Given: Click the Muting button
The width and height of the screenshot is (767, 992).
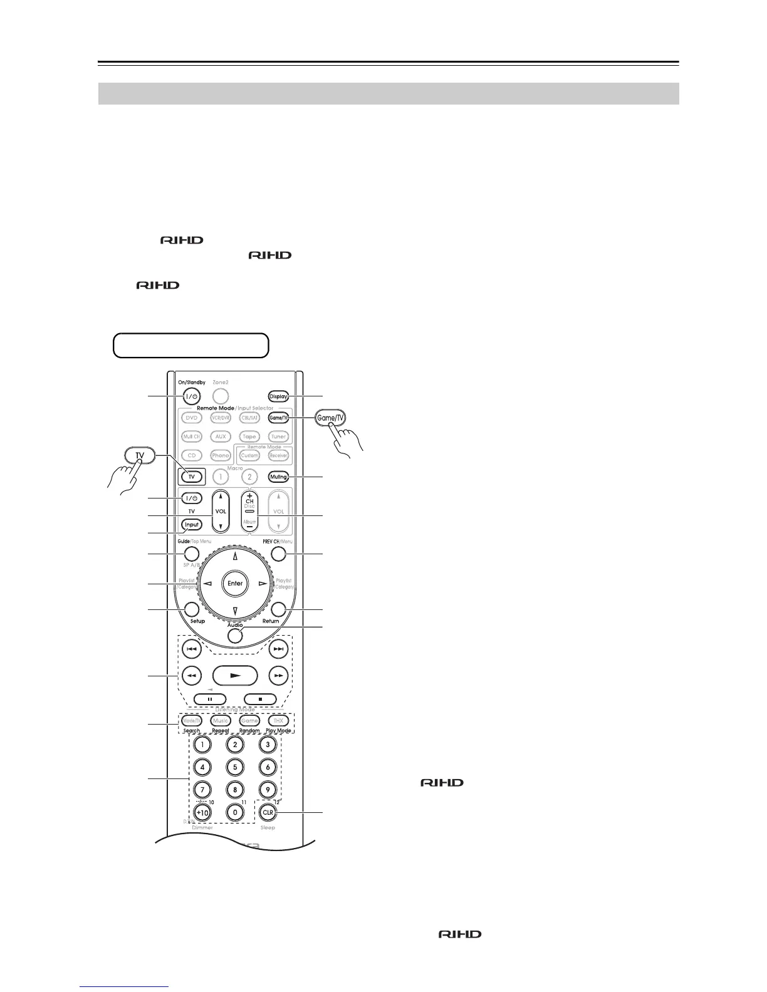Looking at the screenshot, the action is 278,477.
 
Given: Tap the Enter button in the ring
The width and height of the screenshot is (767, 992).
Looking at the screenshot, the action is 235,583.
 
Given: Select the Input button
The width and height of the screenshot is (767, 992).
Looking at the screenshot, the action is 192,525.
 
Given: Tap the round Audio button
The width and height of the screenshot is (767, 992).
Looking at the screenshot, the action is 235,635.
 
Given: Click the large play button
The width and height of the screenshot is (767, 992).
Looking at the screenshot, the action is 235,676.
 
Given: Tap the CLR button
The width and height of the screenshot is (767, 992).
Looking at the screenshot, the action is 268,812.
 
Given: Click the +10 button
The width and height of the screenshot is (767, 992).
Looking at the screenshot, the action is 202,812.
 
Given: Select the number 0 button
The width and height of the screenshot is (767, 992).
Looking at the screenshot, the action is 235,812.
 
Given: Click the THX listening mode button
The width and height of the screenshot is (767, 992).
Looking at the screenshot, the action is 278,721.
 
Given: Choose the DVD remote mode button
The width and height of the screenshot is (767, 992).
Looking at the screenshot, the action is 192,418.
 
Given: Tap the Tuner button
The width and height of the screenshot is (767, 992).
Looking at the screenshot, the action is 278,437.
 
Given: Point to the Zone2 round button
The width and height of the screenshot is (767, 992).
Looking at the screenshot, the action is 220,396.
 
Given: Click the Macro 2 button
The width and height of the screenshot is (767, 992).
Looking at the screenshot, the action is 249,477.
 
